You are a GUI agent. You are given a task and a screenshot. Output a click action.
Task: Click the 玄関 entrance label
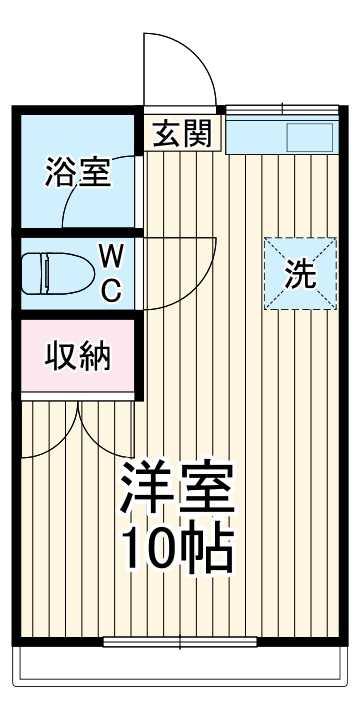[x=180, y=132]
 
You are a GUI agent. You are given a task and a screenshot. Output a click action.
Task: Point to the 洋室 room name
[x=178, y=488]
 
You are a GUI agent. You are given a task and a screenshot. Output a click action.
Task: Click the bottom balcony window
[x=180, y=641]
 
